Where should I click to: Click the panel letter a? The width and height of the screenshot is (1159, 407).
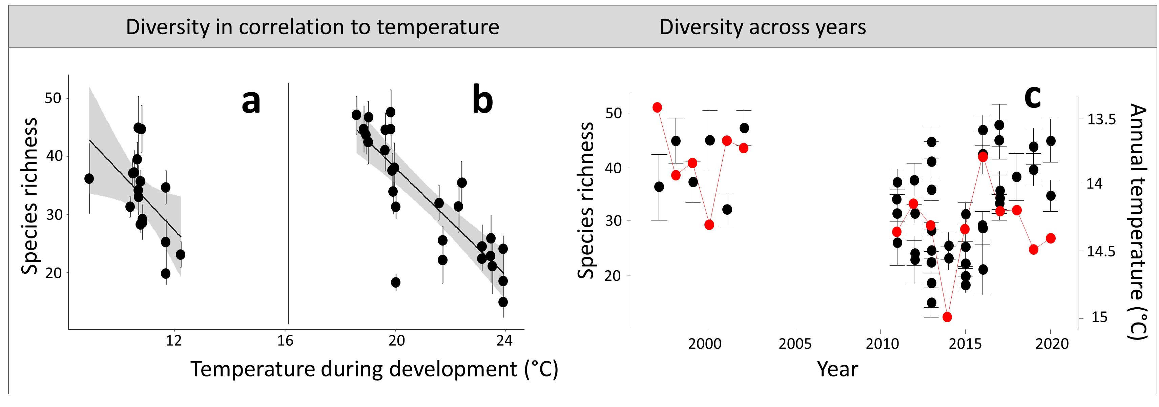(x=251, y=102)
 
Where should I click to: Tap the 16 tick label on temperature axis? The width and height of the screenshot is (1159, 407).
(x=285, y=341)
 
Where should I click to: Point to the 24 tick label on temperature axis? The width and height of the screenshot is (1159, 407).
(x=504, y=341)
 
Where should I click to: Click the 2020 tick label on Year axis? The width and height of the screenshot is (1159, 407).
(x=1052, y=344)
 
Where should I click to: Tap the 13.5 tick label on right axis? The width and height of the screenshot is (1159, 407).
(x=1101, y=119)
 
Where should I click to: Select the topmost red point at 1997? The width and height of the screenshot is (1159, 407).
(x=657, y=107)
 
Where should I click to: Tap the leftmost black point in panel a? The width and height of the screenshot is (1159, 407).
(x=89, y=179)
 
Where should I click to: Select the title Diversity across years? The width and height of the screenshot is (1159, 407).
(x=762, y=27)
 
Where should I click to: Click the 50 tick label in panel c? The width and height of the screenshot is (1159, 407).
(x=613, y=113)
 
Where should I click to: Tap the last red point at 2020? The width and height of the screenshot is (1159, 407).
(x=1051, y=238)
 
